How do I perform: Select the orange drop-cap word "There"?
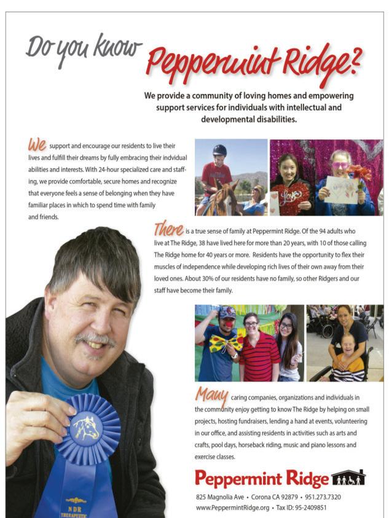coord(168,229)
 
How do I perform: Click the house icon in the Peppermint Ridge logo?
coord(348,477)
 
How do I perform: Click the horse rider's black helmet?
coord(219,150)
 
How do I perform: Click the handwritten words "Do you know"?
coord(83,48)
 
